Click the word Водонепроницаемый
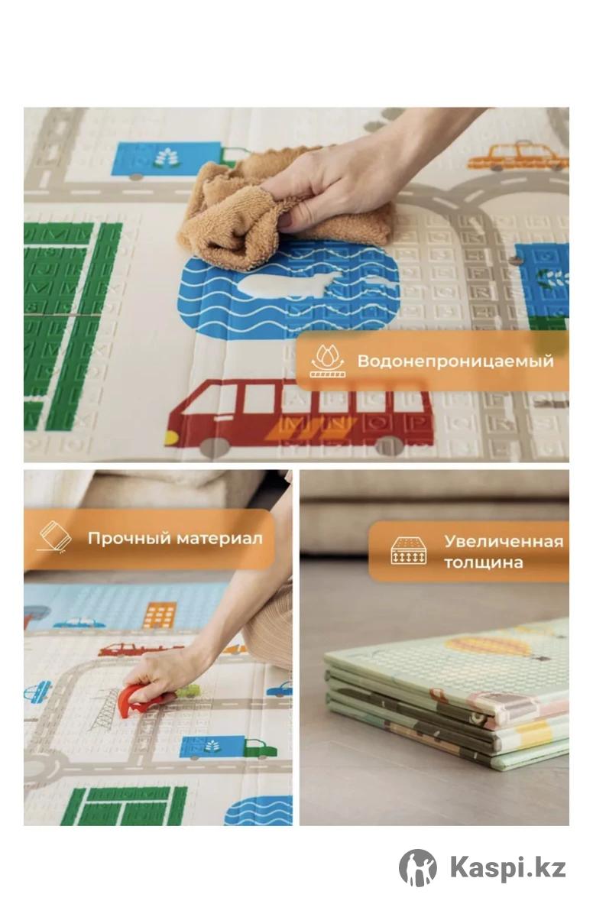click(455, 361)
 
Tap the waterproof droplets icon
click(327, 360)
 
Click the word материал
click(219, 538)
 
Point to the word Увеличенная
click(504, 542)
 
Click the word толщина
click(483, 562)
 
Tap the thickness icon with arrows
click(407, 551)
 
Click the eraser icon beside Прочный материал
click(55, 537)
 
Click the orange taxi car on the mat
click(517, 157)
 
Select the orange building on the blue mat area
click(160, 616)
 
